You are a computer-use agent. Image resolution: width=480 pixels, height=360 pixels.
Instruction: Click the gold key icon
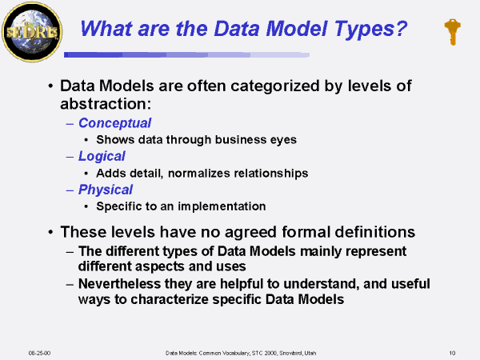(452, 32)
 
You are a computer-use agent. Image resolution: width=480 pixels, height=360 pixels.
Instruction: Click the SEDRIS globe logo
(32, 32)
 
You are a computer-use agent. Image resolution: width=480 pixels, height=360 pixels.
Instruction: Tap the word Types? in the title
(370, 30)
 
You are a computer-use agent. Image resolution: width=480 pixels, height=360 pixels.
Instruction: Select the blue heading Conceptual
(114, 123)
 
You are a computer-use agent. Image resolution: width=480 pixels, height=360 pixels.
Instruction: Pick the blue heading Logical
(102, 157)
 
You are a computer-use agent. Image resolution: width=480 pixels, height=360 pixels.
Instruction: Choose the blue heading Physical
(106, 190)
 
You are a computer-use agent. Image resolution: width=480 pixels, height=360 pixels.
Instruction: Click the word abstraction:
(106, 104)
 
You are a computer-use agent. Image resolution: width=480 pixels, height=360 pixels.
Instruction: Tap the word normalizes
(198, 174)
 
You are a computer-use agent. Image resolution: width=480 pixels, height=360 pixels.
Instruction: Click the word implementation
(222, 206)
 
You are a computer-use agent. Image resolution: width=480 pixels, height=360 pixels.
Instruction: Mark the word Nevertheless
(119, 284)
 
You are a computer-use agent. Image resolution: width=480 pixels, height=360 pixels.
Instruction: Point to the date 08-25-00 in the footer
(39, 353)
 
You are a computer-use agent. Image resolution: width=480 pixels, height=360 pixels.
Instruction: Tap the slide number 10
(452, 353)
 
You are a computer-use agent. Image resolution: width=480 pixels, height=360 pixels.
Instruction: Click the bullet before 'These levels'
(50, 232)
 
